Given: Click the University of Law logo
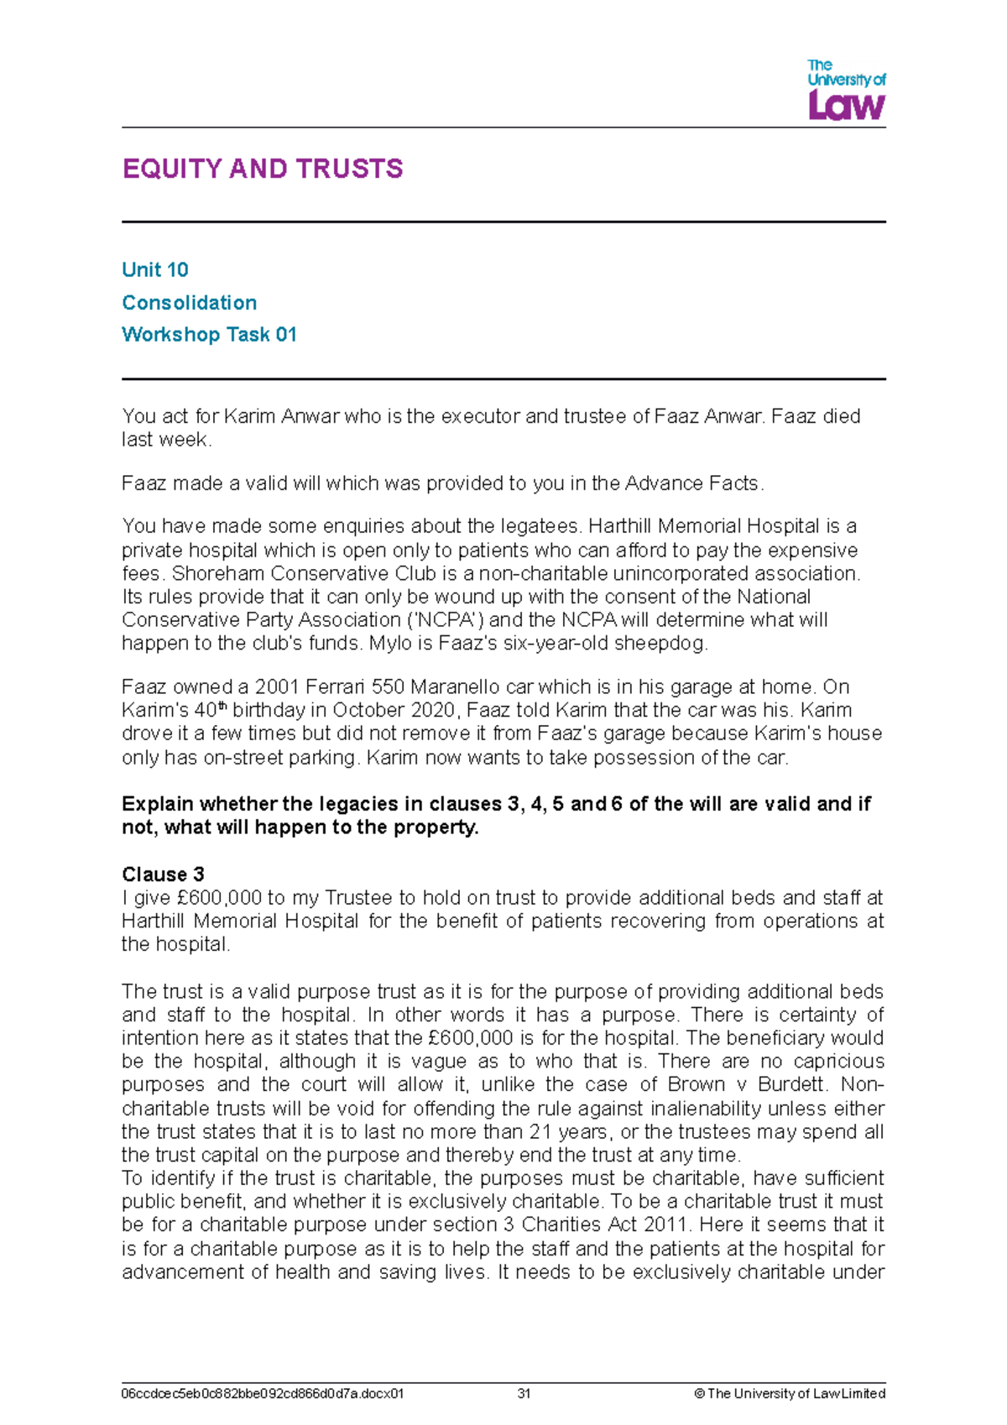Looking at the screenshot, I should pos(846,90).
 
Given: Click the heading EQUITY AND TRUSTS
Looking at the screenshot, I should pos(263,169).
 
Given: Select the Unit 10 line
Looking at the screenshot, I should pos(155,269).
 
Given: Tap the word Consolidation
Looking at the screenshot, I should pos(190,302).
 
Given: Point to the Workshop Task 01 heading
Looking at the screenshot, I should pos(209,334).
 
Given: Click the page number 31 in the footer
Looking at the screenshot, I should pos(524,1393).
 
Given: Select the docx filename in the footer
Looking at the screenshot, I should pos(263,1393).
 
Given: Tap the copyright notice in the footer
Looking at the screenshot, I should pos(790,1393).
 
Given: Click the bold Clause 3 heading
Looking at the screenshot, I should pos(163,874).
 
